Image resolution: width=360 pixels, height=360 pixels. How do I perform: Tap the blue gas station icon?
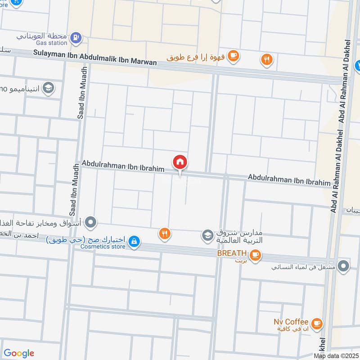pyautogui.click(x=76, y=36)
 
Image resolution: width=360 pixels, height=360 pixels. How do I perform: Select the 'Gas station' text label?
pyautogui.click(x=52, y=43)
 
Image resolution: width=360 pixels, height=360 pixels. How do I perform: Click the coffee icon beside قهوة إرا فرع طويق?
pyautogui.click(x=233, y=55)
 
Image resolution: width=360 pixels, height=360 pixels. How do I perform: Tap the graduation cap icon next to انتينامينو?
pyautogui.click(x=47, y=88)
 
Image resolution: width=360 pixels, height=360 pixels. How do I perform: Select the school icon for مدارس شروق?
pyautogui.click(x=207, y=235)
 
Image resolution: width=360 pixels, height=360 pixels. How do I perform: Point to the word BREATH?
pyautogui.click(x=232, y=254)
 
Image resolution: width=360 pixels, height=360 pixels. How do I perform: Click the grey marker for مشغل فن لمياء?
pyautogui.click(x=343, y=266)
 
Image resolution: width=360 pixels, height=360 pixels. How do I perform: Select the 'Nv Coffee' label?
pyautogui.click(x=291, y=322)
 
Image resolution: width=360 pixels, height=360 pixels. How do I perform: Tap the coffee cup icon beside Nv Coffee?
pyautogui.click(x=317, y=323)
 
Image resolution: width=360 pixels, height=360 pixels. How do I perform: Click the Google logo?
pyautogui.click(x=19, y=353)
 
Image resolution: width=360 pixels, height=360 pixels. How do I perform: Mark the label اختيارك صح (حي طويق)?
pyautogui.click(x=86, y=239)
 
